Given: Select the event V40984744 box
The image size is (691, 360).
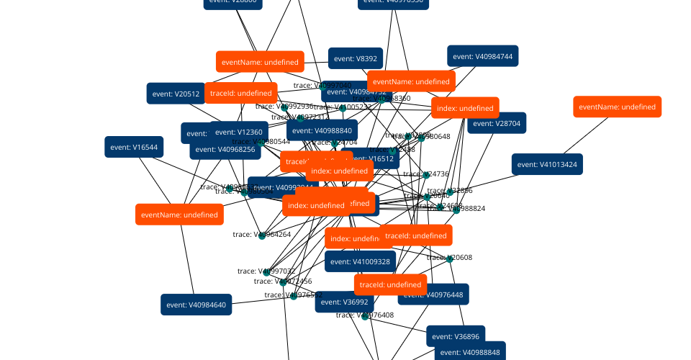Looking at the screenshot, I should pyautogui.click(x=483, y=56).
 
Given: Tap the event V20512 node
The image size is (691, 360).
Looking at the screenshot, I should pyautogui.click(x=176, y=94).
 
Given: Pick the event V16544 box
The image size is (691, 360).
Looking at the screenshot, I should pyautogui.click(x=134, y=147).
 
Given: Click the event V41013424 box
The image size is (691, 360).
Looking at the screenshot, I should pyautogui.click(x=547, y=164).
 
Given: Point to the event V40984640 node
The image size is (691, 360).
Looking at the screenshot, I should pyautogui.click(x=197, y=305).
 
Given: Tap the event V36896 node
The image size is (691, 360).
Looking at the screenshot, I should pyautogui.click(x=456, y=336).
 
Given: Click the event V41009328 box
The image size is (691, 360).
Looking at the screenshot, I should pyautogui.click(x=361, y=261).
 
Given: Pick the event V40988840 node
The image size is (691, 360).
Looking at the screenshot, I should pyautogui.click(x=322, y=130).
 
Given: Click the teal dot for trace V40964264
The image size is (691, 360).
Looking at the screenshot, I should pyautogui.click(x=263, y=234).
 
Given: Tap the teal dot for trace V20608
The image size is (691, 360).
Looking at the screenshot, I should pyautogui.click(x=450, y=258).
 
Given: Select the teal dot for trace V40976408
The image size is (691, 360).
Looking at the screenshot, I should pyautogui.click(x=365, y=315).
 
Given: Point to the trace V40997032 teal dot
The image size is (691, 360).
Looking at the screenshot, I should pyautogui.click(x=267, y=272).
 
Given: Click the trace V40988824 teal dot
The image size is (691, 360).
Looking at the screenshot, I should pyautogui.click(x=456, y=210).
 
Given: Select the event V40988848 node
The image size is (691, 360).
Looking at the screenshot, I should pyautogui.click(x=470, y=352).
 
